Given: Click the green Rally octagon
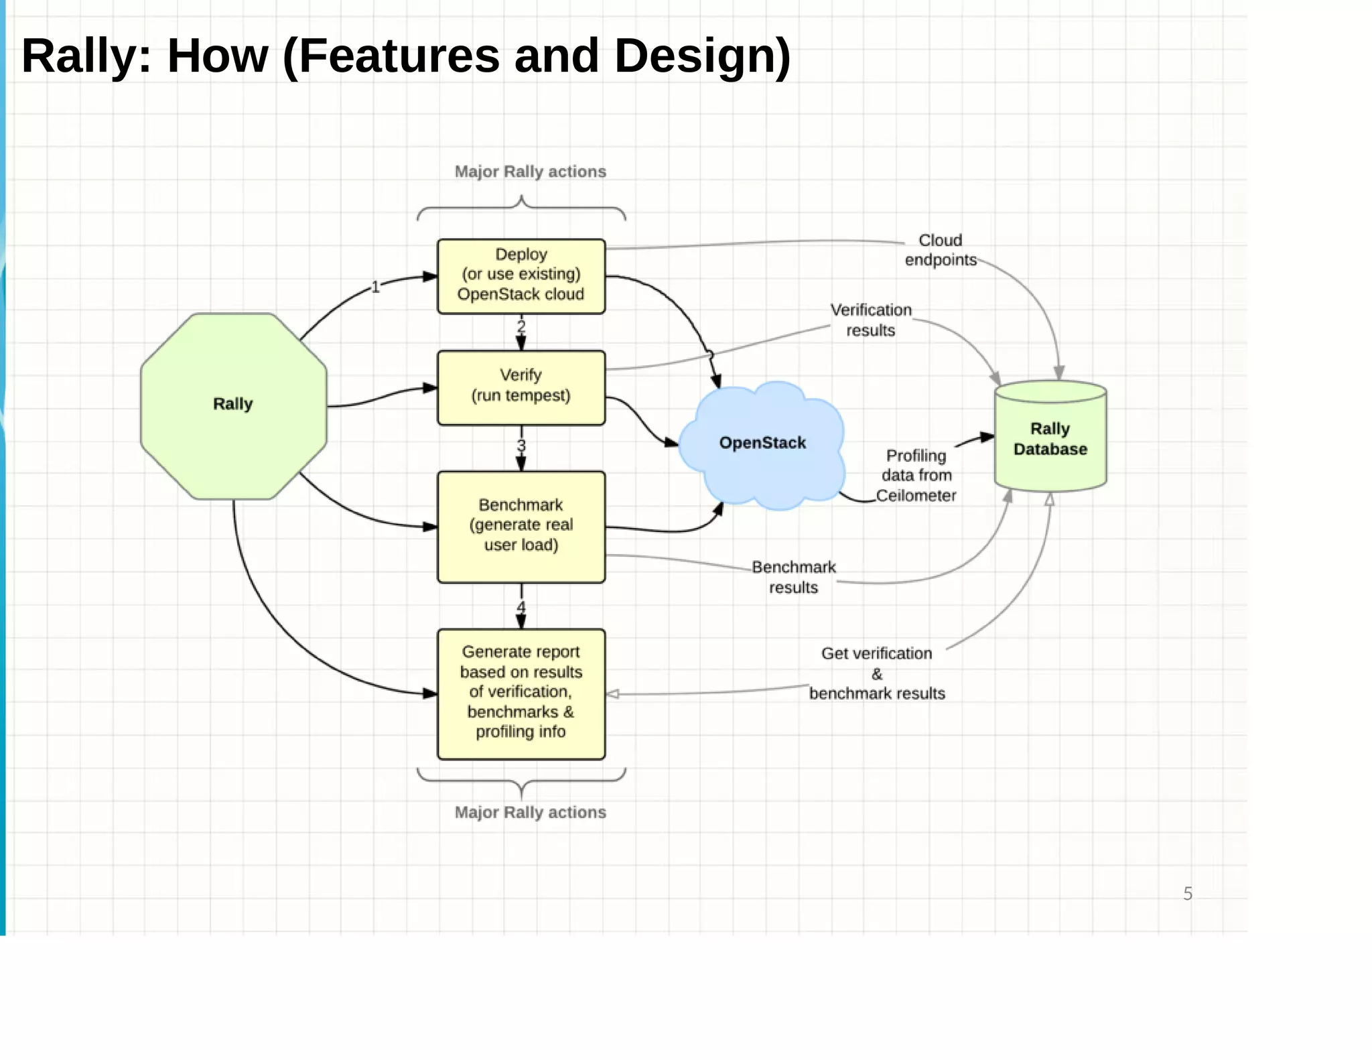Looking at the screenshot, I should pyautogui.click(x=233, y=406).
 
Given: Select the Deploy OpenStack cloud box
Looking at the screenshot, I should pyautogui.click(x=521, y=275).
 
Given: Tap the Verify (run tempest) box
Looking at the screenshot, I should pyautogui.click(x=521, y=387).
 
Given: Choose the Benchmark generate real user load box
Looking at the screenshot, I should pyautogui.click(x=521, y=526).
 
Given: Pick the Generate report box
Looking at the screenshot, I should pyautogui.click(x=521, y=693).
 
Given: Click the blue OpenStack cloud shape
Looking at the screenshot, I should pyautogui.click(x=762, y=443).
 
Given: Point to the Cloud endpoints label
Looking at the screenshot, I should pyautogui.click(x=940, y=250).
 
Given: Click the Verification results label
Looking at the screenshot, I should pyautogui.click(x=871, y=320).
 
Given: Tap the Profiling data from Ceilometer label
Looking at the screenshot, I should pyautogui.click(x=916, y=476).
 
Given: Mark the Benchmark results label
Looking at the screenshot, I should pyautogui.click(x=794, y=577).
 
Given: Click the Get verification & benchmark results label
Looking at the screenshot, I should pyautogui.click(x=876, y=673).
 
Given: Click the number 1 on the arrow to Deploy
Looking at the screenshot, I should pyautogui.click(x=375, y=287).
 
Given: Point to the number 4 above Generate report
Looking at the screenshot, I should pyautogui.click(x=521, y=607).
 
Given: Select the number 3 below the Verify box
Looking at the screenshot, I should pyautogui.click(x=521, y=446).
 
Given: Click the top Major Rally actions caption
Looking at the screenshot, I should pyautogui.click(x=530, y=172).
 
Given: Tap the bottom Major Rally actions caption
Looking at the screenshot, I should pyautogui.click(x=530, y=812).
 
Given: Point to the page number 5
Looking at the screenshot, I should pyautogui.click(x=1187, y=894).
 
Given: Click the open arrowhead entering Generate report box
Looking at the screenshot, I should pyautogui.click(x=612, y=694).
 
